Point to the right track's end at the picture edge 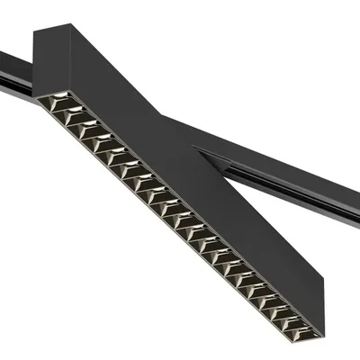point(356,211)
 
